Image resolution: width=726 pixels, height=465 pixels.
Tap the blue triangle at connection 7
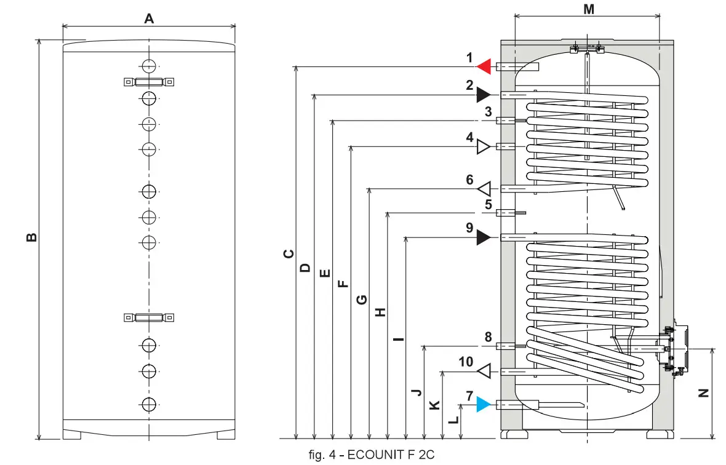click(484, 404)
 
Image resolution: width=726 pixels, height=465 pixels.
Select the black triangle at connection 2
click(483, 95)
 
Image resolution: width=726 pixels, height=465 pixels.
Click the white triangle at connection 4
click(483, 146)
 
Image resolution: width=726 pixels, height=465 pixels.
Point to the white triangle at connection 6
click(484, 188)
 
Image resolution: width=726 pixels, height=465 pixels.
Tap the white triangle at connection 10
click(484, 371)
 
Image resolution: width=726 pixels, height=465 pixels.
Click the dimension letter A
click(149, 18)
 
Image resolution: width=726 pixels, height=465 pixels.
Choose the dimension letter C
click(288, 253)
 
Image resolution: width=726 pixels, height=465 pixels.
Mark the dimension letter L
click(453, 419)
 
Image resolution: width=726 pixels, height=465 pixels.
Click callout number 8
click(488, 337)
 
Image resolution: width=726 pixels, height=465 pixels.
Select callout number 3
click(488, 112)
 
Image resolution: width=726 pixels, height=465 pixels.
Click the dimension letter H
click(380, 312)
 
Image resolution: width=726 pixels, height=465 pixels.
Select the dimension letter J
click(417, 391)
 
